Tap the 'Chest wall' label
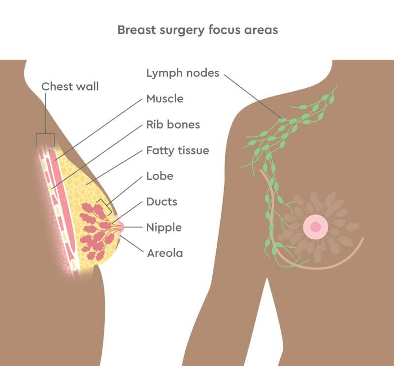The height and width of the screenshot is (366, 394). [70, 87]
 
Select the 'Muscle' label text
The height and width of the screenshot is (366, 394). [164, 99]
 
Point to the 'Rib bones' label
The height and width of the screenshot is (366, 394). [173, 125]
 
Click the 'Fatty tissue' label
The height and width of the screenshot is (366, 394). [177, 150]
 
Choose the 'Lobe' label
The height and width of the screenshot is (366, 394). [160, 176]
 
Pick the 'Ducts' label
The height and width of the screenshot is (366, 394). [162, 201]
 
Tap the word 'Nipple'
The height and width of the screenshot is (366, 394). [164, 228]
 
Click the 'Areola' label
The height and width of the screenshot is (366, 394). [164, 253]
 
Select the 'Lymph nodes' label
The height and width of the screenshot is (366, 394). [182, 73]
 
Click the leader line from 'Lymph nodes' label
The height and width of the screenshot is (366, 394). [254, 96]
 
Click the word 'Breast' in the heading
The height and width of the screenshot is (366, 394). [134, 30]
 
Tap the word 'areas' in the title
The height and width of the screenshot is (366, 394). [261, 30]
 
